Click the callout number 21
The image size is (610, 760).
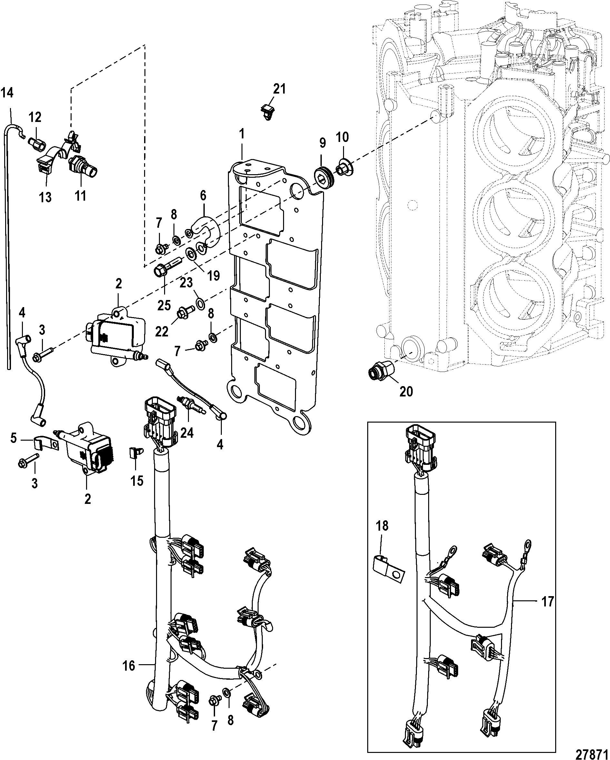(x=280, y=90)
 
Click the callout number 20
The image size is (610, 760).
(x=406, y=391)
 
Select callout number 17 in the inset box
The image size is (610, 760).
(x=547, y=601)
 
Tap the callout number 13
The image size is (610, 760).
(x=45, y=197)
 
